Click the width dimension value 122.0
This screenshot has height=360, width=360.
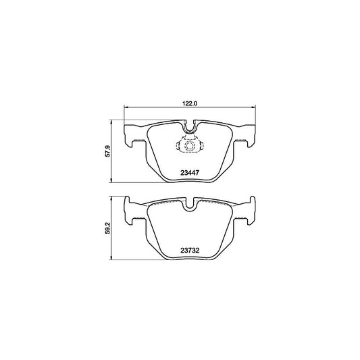(188, 103)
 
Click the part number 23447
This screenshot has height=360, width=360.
(189, 172)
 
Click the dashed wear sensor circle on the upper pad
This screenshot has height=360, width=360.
(189, 145)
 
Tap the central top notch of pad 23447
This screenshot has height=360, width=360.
(189, 126)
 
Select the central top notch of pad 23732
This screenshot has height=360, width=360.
(189, 205)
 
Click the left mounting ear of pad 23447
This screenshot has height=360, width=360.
(134, 135)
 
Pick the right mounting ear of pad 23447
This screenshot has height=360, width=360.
(245, 135)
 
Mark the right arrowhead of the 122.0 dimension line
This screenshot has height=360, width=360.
(252, 109)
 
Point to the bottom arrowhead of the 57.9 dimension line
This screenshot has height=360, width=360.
(111, 181)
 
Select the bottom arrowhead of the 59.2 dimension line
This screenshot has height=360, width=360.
(111, 259)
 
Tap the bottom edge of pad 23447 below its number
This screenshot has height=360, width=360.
(189, 181)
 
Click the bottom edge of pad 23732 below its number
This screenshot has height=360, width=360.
(189, 259)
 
